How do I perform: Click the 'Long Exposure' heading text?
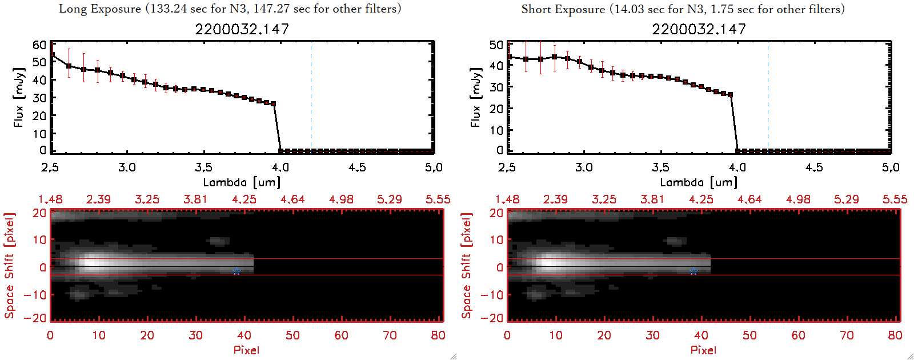[100, 9]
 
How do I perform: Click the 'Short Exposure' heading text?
[563, 9]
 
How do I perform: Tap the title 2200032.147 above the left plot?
[242, 29]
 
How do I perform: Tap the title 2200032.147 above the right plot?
[699, 29]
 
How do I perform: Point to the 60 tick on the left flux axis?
[39, 45]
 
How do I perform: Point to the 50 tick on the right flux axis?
[496, 45]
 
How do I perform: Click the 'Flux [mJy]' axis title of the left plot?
[19, 97]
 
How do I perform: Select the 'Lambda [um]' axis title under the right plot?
[699, 182]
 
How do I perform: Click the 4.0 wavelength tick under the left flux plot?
[280, 167]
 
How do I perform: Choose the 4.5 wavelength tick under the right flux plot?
[814, 167]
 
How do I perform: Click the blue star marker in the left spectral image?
[236, 271]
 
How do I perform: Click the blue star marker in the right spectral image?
[693, 271]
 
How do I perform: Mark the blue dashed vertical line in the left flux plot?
[311, 97]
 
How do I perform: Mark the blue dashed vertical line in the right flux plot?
[768, 97]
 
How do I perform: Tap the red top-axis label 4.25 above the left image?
[244, 199]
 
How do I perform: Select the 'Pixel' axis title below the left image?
[246, 350]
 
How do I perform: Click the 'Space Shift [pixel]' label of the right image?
[467, 266]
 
